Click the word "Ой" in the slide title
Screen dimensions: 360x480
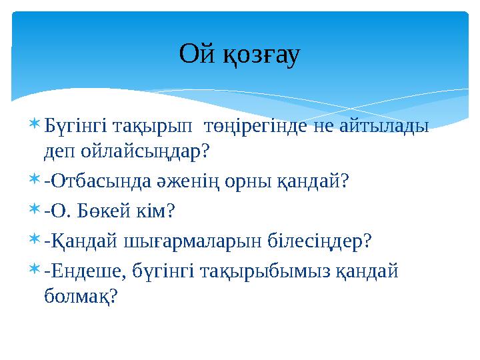(x=196, y=55)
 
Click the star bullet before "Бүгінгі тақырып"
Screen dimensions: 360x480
(x=34, y=125)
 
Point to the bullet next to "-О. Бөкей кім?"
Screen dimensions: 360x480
(x=34, y=211)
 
